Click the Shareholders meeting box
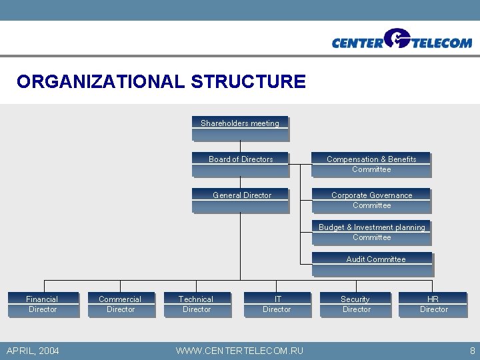pos(240,129)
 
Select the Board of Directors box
pos(241,165)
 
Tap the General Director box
pos(241,201)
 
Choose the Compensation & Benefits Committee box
pos(371,165)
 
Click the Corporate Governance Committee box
pos(371,201)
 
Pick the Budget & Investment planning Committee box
pos(371,233)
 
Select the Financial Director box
pos(43,305)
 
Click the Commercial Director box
pos(121,305)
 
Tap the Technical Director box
pos(197,305)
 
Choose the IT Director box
pos(277,305)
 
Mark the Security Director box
pos(356,305)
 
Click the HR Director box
pos(433,305)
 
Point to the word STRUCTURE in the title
pos(248,82)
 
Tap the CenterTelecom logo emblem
pos(398,38)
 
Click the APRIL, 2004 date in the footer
pos(33,351)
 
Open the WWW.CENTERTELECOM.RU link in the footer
pos(239,351)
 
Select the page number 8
pos(472,351)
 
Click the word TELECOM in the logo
pos(442,43)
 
